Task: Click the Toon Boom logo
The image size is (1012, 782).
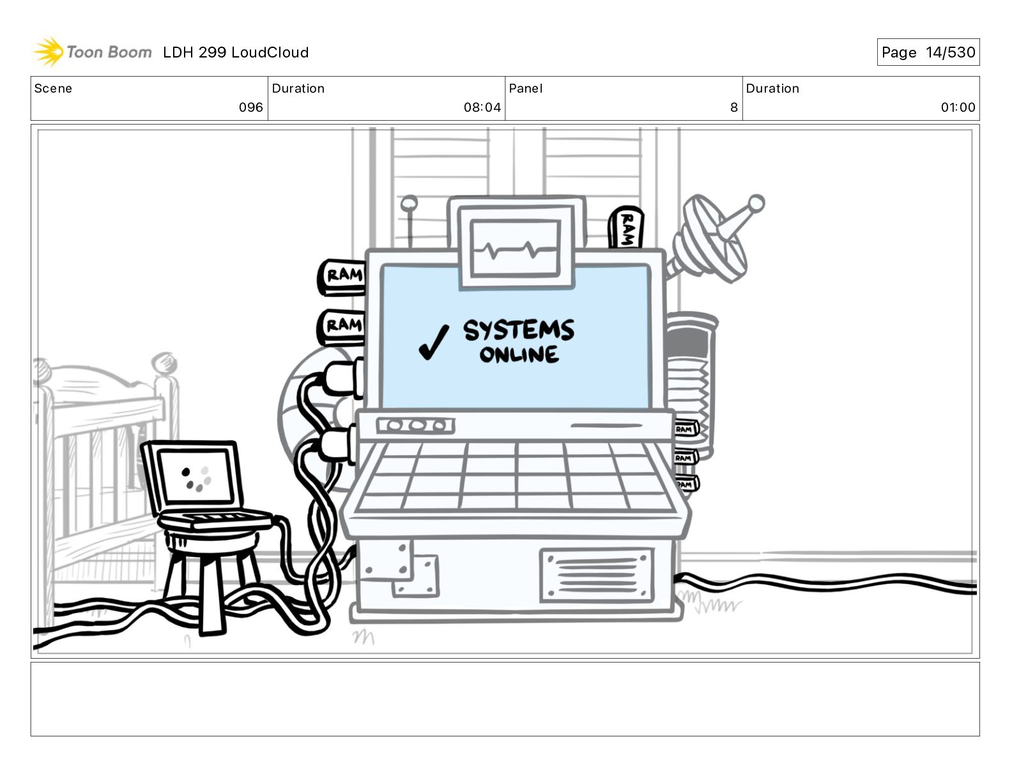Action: [92, 52]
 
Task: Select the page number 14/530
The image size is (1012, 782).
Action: [950, 52]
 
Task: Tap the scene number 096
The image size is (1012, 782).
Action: [250, 107]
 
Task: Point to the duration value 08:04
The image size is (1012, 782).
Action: [482, 107]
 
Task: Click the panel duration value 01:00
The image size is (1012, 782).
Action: [958, 107]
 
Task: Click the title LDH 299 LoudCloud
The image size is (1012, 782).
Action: [235, 52]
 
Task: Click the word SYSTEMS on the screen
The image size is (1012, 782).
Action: [518, 330]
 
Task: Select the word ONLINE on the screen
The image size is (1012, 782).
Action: [519, 355]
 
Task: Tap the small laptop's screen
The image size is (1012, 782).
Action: [197, 477]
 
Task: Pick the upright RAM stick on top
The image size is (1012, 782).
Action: [625, 227]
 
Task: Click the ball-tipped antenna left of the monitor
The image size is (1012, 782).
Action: [410, 204]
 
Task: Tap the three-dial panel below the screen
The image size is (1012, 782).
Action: [415, 425]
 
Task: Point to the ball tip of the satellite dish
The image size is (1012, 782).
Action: [756, 204]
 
